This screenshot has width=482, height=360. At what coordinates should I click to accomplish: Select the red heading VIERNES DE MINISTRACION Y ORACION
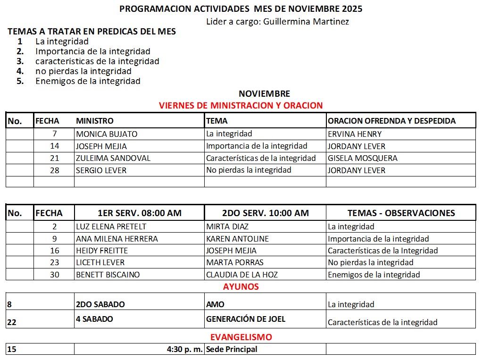241,105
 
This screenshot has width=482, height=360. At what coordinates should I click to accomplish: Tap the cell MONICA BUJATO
107,134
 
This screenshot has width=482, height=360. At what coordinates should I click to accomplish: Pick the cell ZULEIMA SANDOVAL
113,158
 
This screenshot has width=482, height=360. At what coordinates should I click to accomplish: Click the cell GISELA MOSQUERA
362,158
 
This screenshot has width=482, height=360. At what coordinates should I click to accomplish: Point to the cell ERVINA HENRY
355,134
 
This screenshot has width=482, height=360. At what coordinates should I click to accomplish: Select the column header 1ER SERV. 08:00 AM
139,213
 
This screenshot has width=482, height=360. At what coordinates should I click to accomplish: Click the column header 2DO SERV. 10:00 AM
265,213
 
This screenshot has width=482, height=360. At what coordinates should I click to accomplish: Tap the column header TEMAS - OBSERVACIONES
401,213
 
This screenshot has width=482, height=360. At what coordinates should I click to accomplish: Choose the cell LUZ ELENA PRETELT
111,226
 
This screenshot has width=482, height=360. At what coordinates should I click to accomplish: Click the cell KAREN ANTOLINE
237,239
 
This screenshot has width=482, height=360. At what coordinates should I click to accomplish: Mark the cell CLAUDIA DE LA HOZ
242,275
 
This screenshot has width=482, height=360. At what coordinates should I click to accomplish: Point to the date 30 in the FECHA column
55,275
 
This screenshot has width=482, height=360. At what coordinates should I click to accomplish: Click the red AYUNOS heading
241,286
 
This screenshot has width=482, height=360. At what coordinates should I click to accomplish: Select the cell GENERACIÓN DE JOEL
245,319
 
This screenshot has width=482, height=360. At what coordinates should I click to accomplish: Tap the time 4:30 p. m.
184,350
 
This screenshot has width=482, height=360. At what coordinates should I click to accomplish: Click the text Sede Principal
232,350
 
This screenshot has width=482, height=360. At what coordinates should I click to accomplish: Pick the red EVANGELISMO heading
241,337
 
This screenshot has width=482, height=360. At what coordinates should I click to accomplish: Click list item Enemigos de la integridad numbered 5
88,81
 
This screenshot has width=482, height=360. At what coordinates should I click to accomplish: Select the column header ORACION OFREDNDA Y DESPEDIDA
391,121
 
